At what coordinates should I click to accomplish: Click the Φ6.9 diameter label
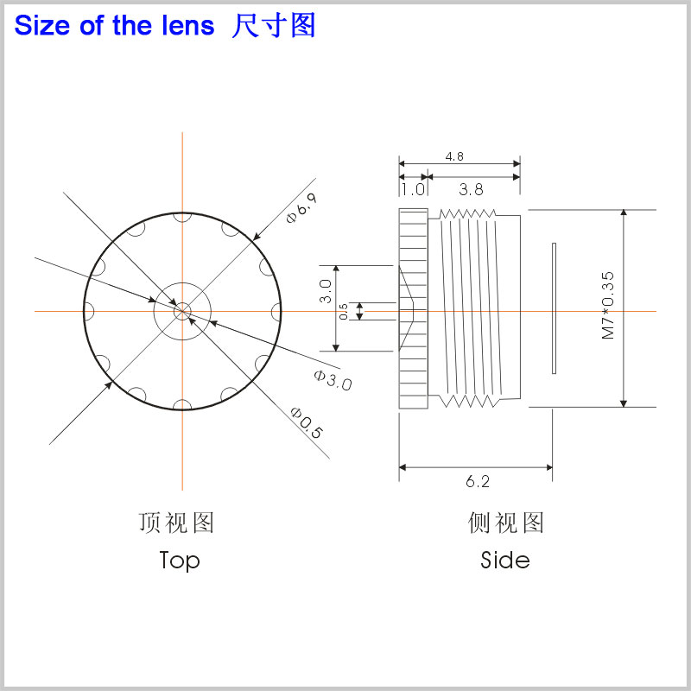tap(301, 207)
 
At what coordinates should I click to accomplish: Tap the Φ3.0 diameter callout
tap(333, 380)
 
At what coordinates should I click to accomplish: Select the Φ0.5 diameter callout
tap(307, 422)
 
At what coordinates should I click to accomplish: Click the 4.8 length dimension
tap(454, 156)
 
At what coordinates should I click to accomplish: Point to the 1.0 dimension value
tap(413, 189)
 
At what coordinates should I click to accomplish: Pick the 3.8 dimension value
tap(471, 189)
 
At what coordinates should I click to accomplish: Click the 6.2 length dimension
tap(478, 481)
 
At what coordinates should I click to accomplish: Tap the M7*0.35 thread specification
tap(608, 305)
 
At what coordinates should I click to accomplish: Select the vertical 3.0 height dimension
tap(326, 291)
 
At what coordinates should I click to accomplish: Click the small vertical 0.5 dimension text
tap(343, 311)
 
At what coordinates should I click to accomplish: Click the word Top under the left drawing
tap(180, 561)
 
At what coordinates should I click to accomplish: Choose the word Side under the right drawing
tap(505, 560)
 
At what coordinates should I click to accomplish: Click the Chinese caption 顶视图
tap(176, 523)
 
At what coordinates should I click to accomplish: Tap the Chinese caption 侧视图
tap(506, 523)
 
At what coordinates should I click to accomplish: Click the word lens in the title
tap(188, 26)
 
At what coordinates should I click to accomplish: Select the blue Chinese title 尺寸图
tap(274, 26)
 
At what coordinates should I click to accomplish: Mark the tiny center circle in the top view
tap(182, 311)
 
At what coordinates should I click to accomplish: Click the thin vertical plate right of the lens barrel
tap(554, 308)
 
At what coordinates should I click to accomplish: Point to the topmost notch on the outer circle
tap(182, 217)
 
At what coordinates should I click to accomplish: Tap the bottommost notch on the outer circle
tap(182, 405)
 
